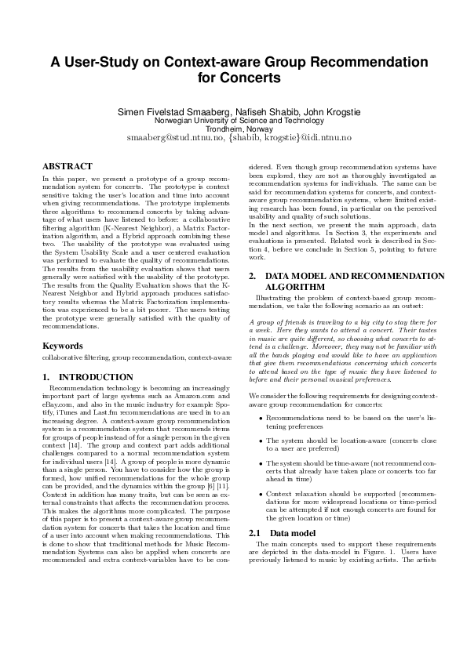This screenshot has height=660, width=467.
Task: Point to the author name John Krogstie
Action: coord(332,112)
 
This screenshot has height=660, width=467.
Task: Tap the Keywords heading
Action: coord(63,345)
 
